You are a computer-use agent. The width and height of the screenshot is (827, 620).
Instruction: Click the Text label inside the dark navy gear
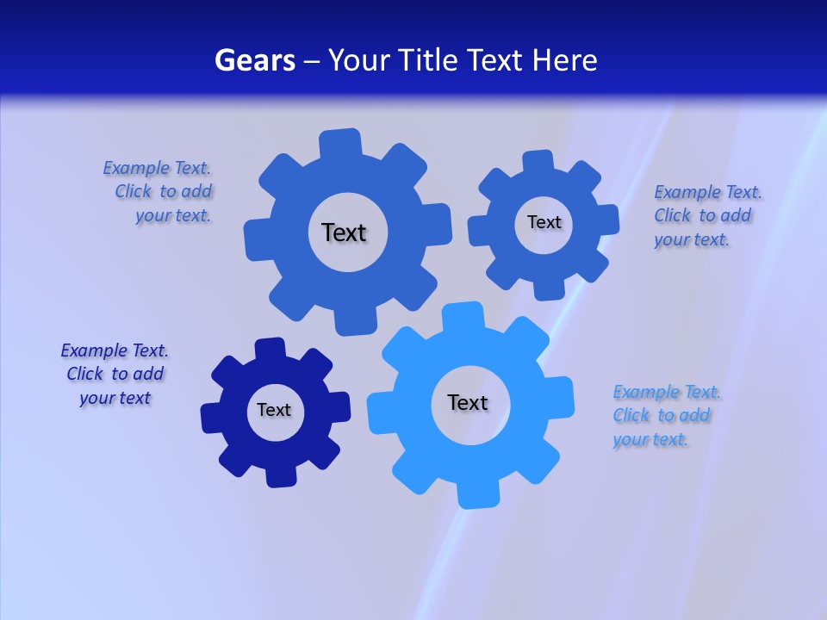coord(274,410)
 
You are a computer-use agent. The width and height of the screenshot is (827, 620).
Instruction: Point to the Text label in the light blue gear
coord(468,402)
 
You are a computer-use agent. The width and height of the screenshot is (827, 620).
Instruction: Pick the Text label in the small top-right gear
coord(544,222)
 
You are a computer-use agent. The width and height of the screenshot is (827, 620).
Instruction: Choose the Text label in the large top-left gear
coord(344,232)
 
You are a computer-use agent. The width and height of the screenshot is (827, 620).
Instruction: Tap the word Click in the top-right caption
coord(673,215)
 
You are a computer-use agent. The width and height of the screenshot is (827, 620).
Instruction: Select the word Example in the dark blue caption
coord(94,350)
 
